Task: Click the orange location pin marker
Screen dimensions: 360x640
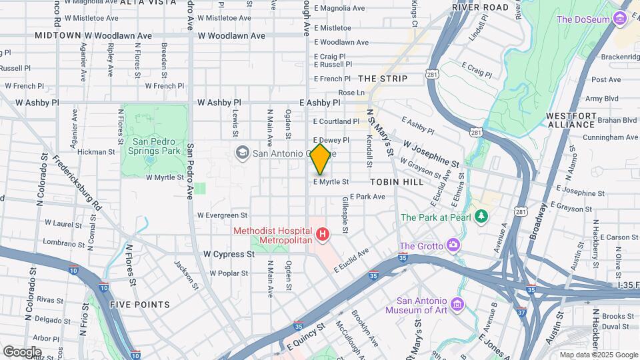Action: [320, 159]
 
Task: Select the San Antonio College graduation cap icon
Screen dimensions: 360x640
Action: [241, 153]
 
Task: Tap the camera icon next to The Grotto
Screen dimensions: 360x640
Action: [453, 245]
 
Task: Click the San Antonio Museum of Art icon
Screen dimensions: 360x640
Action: [457, 305]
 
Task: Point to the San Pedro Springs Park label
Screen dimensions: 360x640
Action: [157, 146]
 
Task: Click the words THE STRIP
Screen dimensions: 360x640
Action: [383, 79]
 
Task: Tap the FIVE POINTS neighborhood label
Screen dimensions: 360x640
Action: [140, 305]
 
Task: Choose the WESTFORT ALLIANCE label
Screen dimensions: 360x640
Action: [570, 120]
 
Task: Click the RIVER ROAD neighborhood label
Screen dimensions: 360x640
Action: [480, 7]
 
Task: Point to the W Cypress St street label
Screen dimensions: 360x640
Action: [229, 254]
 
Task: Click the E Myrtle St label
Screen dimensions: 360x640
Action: [331, 181]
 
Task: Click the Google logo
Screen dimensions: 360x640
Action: [22, 351]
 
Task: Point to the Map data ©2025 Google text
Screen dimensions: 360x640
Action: [597, 355]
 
